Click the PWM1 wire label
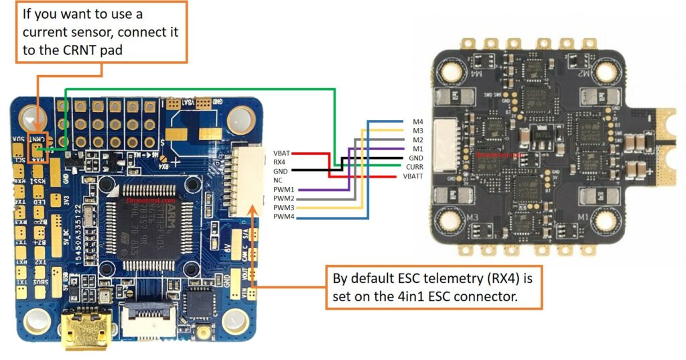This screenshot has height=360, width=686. [x=283, y=190]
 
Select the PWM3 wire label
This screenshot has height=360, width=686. [x=283, y=208]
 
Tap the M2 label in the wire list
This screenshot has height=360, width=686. [x=418, y=139]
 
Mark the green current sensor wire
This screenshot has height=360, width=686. [x=201, y=88]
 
